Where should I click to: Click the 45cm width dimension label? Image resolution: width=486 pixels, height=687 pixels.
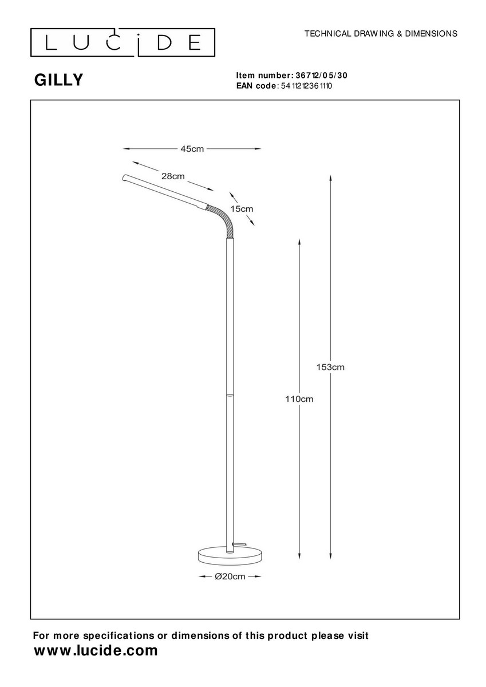tap(192, 149)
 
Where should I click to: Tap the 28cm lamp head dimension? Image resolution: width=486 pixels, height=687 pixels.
tap(173, 176)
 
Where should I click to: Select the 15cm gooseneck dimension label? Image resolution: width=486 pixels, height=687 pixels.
tap(242, 209)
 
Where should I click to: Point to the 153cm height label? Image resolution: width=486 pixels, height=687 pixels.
tap(330, 367)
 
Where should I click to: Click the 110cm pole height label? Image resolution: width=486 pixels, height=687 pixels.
tap(299, 399)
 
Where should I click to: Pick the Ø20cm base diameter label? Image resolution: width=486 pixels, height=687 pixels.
tap(230, 577)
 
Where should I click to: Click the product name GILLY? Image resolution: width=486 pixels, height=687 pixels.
tap(58, 80)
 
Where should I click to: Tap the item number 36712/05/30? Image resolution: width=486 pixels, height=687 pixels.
tap(321, 76)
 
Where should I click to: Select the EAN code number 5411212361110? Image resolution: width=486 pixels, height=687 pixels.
tap(306, 86)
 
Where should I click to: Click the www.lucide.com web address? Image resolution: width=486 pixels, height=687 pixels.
tap(96, 650)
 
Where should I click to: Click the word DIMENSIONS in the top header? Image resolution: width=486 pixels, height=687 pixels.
tap(431, 34)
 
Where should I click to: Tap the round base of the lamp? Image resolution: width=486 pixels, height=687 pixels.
tap(230, 557)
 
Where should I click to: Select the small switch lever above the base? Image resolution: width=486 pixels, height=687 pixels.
tap(239, 544)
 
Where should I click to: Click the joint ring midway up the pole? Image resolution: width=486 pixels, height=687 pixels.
tap(229, 394)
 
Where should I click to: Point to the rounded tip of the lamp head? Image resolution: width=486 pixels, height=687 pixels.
tap(124, 177)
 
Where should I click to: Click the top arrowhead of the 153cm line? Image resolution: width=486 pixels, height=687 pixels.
tap(330, 179)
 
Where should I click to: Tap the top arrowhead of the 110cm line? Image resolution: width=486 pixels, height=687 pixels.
tap(299, 242)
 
